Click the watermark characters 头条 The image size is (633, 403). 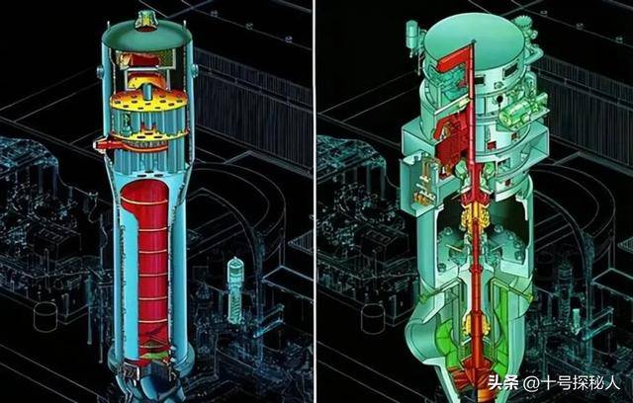[x=502, y=382]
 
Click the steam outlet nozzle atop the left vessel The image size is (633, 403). [x=145, y=21]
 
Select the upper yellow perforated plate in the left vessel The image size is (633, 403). [x=148, y=101]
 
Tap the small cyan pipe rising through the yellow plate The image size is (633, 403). [x=148, y=92]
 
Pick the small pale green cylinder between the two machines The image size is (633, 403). [x=235, y=289]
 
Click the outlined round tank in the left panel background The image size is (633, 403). [x=45, y=316]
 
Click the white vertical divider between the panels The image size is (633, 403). [x=315, y=201]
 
